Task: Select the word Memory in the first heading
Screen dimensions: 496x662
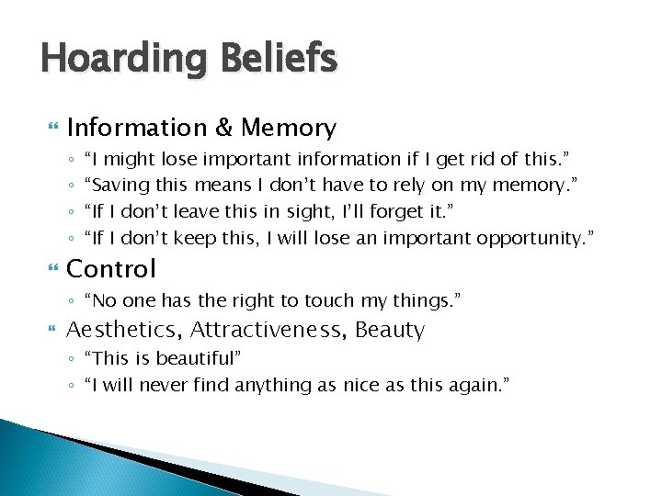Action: [290, 128]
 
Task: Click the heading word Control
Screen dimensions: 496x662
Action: [111, 269]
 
